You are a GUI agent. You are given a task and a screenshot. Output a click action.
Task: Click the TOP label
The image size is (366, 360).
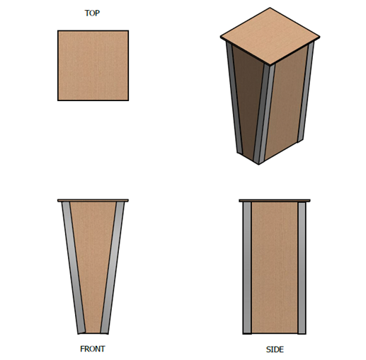(x=92, y=13)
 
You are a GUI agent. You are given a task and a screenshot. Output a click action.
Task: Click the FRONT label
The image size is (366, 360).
(x=93, y=349)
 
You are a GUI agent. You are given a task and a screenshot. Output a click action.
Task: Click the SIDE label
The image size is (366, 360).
(x=275, y=349)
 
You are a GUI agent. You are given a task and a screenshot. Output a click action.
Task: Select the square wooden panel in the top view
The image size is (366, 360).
(x=93, y=66)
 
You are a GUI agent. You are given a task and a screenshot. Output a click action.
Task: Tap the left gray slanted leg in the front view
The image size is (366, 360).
(x=73, y=267)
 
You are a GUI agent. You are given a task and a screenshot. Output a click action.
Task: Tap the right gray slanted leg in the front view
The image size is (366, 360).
(x=113, y=267)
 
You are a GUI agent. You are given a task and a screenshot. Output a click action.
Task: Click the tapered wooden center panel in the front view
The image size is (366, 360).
(x=93, y=267)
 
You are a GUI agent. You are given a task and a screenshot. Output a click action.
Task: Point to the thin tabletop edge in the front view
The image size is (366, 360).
(x=93, y=201)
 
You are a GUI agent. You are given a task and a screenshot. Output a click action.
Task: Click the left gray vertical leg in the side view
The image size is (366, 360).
(x=247, y=268)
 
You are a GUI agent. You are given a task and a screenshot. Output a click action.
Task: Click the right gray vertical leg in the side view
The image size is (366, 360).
(x=302, y=268)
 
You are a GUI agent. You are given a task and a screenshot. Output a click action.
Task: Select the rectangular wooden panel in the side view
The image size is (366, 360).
(x=275, y=268)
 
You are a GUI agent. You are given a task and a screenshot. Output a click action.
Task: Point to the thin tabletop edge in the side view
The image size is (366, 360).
(x=275, y=201)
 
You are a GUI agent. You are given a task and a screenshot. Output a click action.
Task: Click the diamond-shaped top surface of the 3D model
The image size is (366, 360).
(x=270, y=36)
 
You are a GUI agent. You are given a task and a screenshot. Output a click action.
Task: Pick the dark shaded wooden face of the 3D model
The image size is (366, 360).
(x=246, y=99)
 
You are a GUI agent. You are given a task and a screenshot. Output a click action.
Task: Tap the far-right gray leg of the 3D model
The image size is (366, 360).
(x=307, y=92)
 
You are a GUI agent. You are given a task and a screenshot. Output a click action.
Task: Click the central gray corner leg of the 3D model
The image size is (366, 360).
(x=264, y=113)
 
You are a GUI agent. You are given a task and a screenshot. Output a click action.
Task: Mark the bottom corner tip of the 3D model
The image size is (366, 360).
(x=258, y=164)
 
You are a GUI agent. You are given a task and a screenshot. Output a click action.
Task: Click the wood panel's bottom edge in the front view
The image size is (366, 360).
(x=93, y=333)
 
